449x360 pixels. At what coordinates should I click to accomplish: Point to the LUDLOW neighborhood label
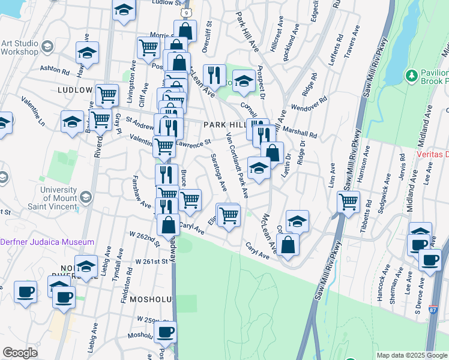tap(74, 90)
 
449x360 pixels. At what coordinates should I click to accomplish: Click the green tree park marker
tap(412, 75)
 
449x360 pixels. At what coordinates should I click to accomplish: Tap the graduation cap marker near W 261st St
tap(86, 266)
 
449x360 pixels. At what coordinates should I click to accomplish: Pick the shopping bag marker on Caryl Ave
tap(289, 244)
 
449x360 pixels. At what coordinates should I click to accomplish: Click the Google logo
tap(20, 353)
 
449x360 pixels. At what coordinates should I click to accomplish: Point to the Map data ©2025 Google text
tap(411, 355)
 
